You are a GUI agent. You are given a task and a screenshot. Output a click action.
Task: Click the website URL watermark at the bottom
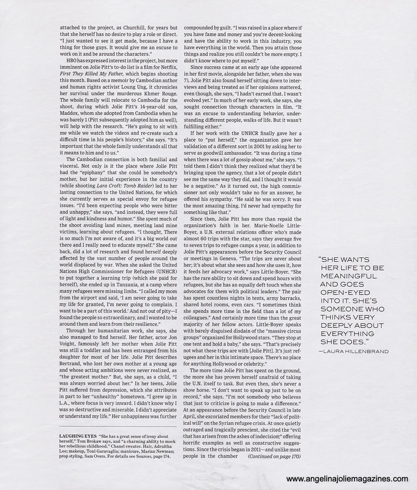tap(347, 479)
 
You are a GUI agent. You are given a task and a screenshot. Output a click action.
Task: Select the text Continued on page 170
tap(274, 456)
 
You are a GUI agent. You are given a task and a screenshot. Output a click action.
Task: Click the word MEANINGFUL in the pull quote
tap(343, 276)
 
